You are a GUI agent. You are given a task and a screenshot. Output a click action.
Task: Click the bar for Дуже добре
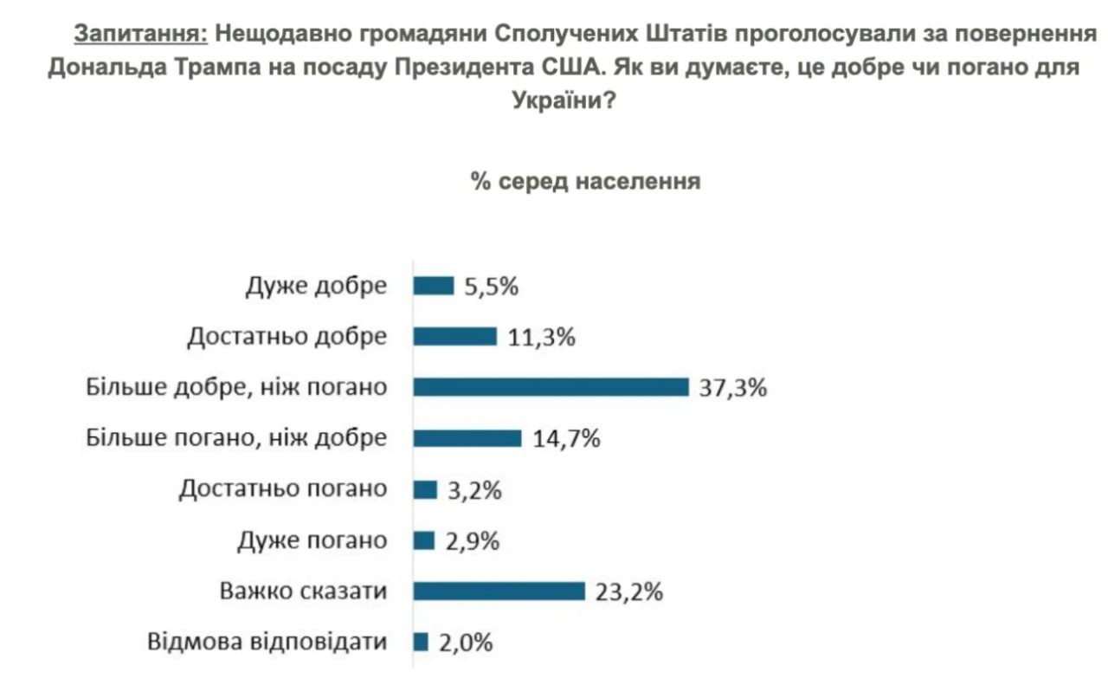(434, 286)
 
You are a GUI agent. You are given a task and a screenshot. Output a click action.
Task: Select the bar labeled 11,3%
(455, 336)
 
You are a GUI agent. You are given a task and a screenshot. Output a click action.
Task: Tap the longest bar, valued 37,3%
(551, 387)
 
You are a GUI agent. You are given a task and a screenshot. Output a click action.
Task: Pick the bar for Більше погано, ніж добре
(467, 438)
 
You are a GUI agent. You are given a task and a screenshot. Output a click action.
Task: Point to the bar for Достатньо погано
(425, 489)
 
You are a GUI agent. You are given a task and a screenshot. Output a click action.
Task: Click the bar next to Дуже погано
(424, 540)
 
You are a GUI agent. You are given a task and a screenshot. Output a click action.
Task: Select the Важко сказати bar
(499, 591)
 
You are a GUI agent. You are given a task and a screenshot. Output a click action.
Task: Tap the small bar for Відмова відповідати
(422, 642)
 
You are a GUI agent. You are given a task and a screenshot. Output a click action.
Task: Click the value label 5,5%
(491, 287)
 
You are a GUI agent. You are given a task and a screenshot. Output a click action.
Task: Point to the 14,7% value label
(566, 439)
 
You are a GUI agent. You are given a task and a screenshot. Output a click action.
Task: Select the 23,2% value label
(629, 592)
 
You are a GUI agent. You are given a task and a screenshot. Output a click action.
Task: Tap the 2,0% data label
(466, 643)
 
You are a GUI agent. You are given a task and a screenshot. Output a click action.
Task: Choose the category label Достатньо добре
(287, 336)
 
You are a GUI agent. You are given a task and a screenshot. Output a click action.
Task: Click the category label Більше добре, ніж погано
(235, 387)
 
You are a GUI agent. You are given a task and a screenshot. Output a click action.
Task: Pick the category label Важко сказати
(302, 591)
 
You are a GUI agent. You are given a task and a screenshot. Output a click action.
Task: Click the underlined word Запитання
(141, 34)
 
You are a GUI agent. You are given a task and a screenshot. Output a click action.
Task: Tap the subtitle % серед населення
(585, 182)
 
